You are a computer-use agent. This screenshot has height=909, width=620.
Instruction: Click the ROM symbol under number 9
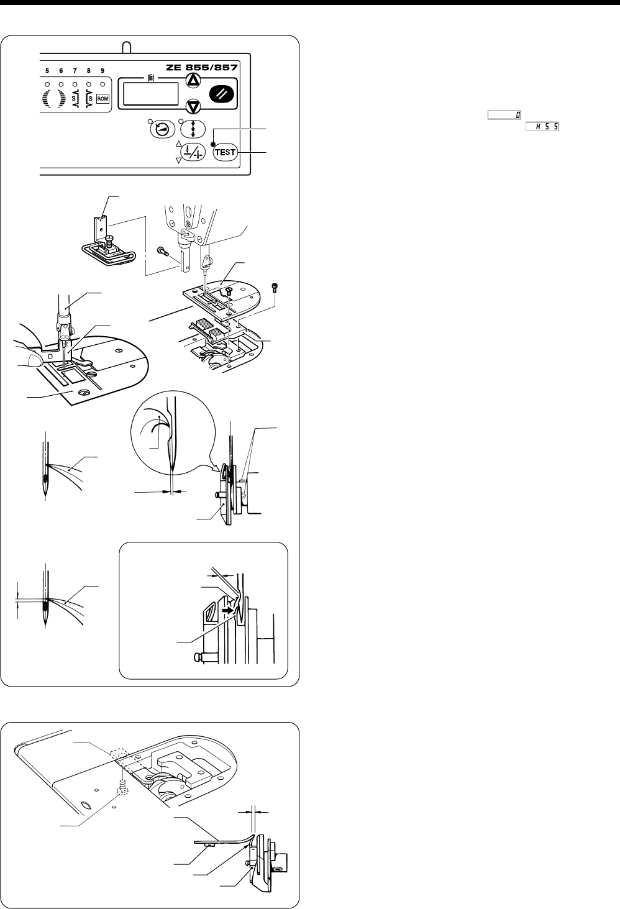103,99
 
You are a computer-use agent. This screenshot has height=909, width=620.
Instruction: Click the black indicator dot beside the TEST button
212,144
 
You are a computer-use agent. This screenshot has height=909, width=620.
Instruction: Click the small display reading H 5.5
540,126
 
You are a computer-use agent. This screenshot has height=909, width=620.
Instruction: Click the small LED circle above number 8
89,83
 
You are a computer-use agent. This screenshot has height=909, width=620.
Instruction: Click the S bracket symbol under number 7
75,99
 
